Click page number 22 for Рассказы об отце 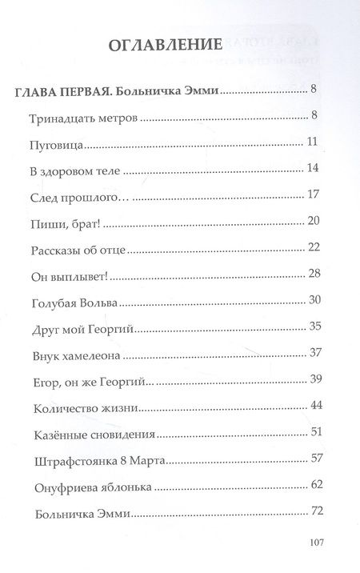pyautogui.click(x=314, y=246)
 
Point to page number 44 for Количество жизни pyautogui.click(x=314, y=405)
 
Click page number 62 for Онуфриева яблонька pyautogui.click(x=314, y=484)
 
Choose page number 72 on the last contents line pyautogui.click(x=314, y=511)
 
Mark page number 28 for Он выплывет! pyautogui.click(x=314, y=273)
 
